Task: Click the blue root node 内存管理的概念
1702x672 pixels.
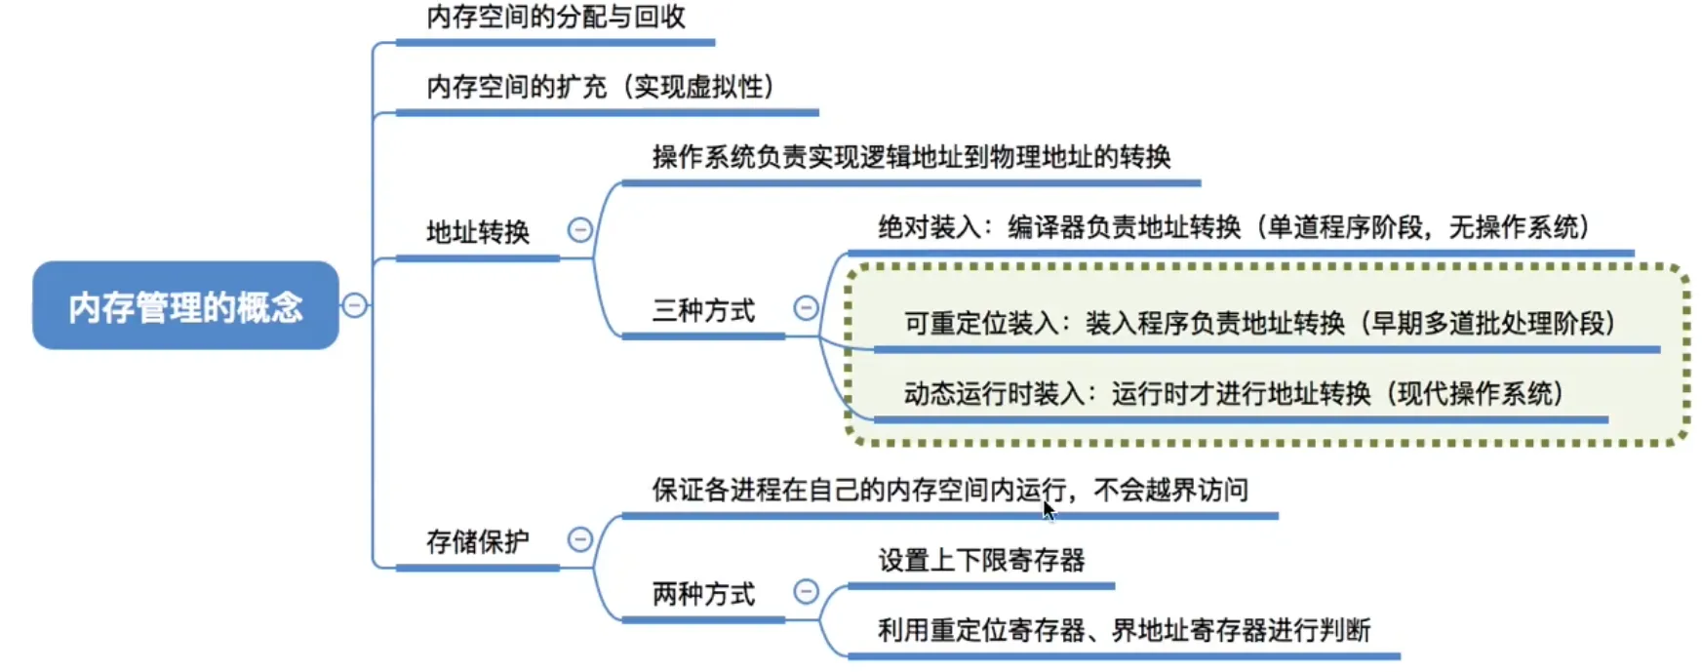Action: [185, 305]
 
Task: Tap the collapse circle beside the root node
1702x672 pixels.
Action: [354, 305]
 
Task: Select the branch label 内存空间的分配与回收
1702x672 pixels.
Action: [556, 17]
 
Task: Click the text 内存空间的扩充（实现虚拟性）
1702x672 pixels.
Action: [601, 87]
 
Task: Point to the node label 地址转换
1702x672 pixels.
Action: [478, 232]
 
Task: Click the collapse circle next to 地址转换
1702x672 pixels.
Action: [579, 230]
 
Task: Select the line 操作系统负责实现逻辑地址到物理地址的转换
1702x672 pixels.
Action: [911, 157]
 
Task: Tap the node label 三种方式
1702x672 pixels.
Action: [703, 311]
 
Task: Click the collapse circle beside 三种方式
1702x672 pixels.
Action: [806, 308]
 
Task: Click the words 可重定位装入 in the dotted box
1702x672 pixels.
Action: [981, 323]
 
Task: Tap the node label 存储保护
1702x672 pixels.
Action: [478, 541]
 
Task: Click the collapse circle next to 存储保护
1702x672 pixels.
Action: [579, 539]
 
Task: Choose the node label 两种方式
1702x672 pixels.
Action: [703, 594]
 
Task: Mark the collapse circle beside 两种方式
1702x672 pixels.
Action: [806, 591]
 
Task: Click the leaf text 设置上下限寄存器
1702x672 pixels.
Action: [981, 560]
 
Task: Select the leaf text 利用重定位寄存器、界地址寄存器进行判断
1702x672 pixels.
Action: [1124, 630]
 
